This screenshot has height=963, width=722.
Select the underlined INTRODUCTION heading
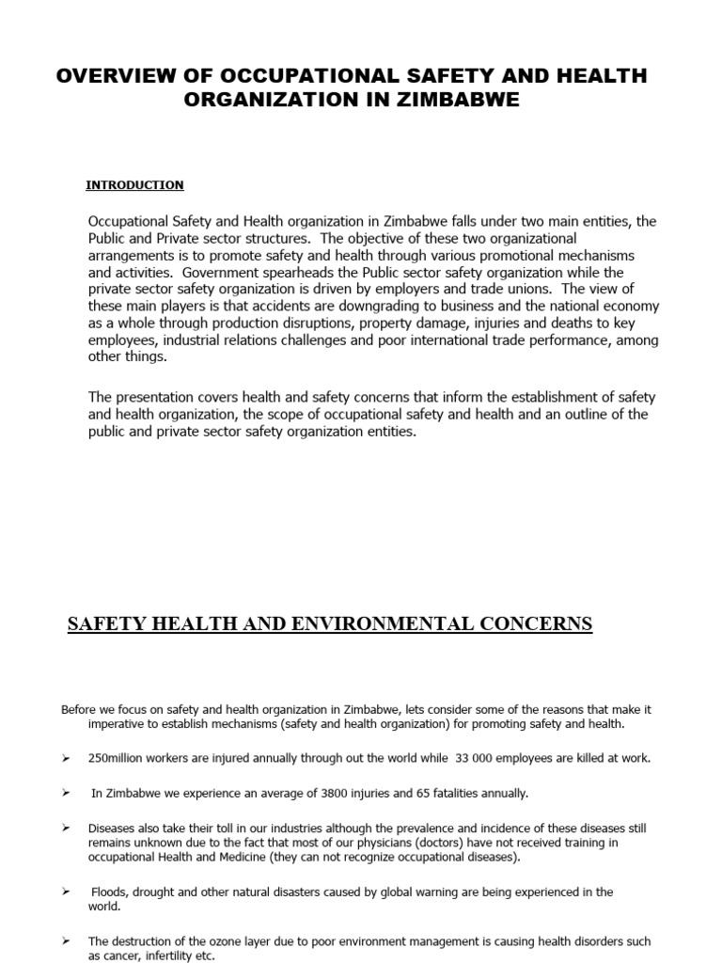tap(134, 185)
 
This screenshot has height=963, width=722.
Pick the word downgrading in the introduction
tap(399, 307)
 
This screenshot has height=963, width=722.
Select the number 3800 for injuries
tap(335, 793)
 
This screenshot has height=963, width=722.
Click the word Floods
tap(111, 892)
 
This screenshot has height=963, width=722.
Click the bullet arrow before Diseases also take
tap(66, 828)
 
